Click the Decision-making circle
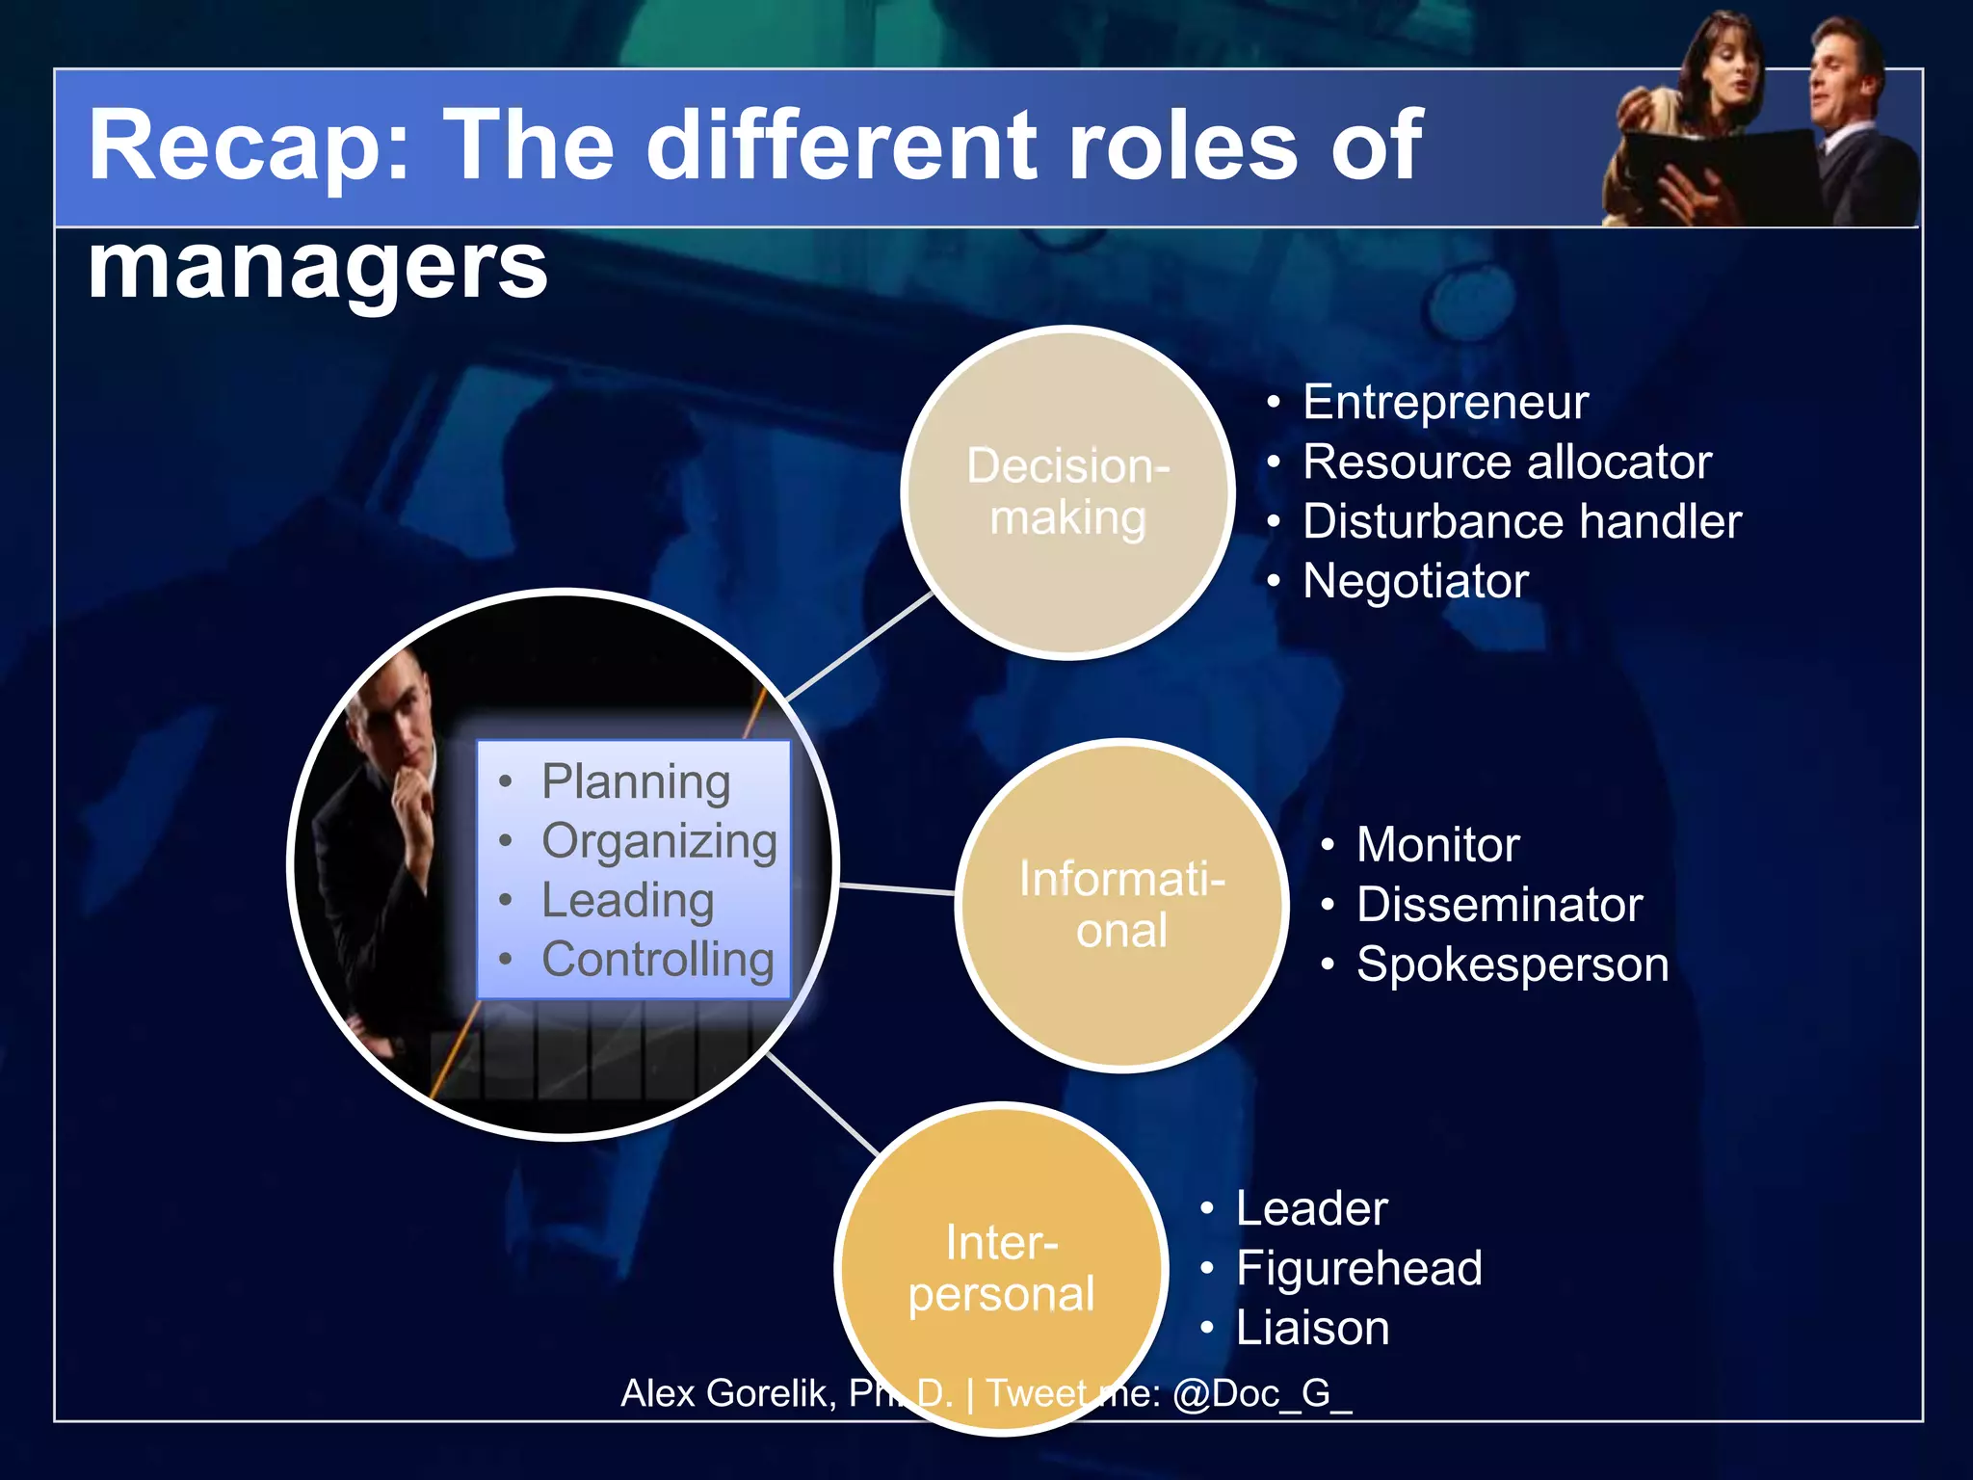click(x=1067, y=492)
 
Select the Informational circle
click(x=1121, y=905)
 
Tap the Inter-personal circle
click(x=1001, y=1268)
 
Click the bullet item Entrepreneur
click(x=1444, y=402)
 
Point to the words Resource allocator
click(x=1506, y=462)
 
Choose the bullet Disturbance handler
click(x=1521, y=521)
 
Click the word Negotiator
click(x=1415, y=581)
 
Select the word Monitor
click(x=1437, y=845)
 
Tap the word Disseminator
click(x=1499, y=905)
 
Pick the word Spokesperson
click(x=1512, y=965)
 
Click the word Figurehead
click(x=1358, y=1268)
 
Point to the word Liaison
click(x=1312, y=1328)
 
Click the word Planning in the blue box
click(x=636, y=781)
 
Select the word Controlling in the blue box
click(x=658, y=960)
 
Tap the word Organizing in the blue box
click(x=659, y=841)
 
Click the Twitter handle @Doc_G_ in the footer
click(x=1262, y=1393)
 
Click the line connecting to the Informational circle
click(x=897, y=888)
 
